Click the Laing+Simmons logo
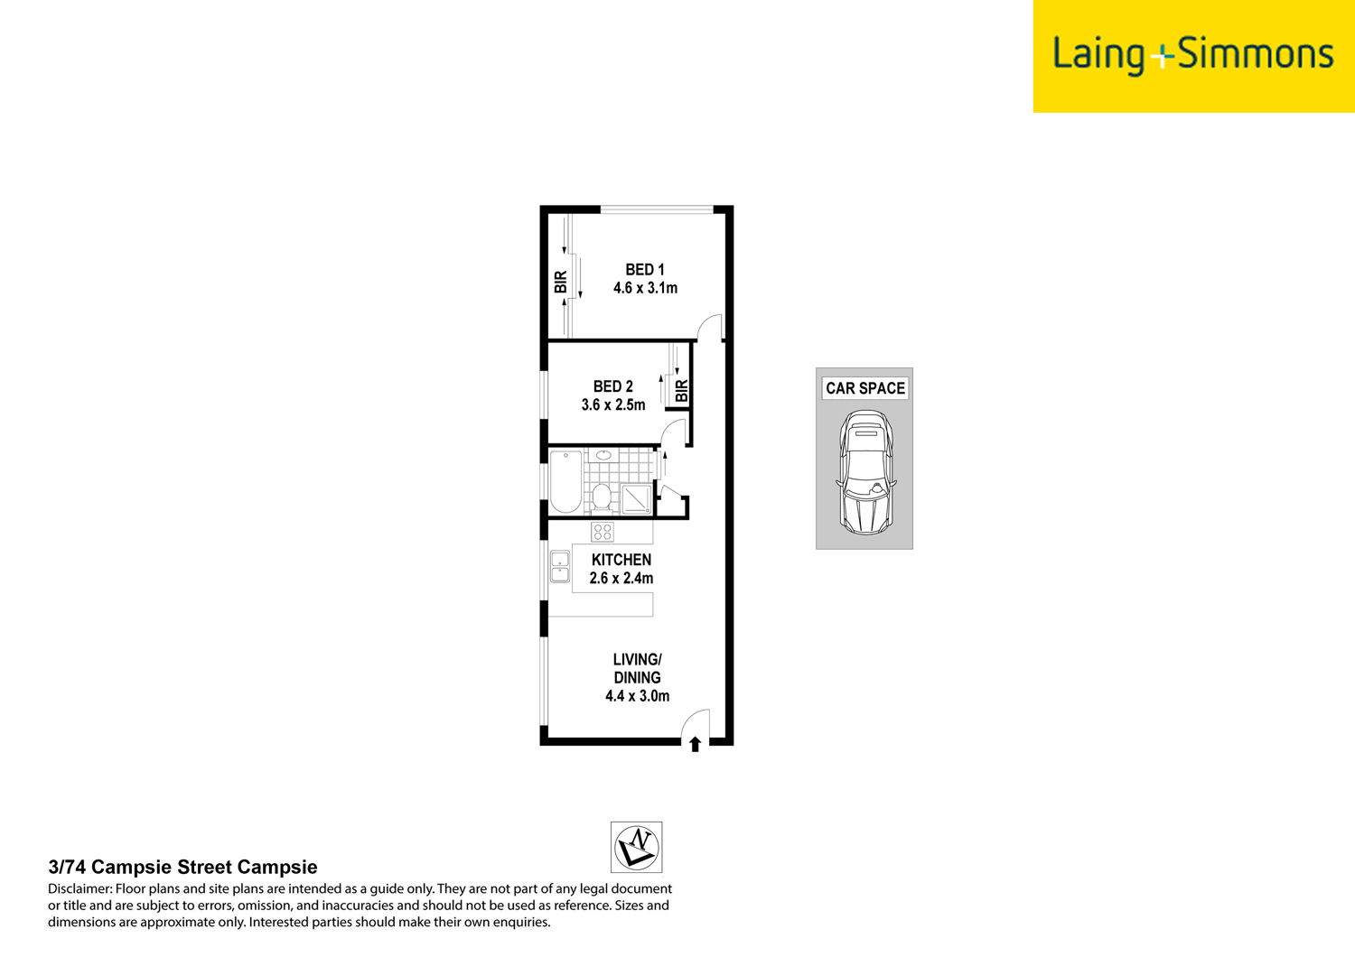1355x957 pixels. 1192,55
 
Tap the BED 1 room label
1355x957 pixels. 645,269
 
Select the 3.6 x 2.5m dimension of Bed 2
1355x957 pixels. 612,405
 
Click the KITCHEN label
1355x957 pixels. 621,560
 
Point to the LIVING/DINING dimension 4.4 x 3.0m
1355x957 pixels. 637,696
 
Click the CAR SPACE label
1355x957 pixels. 864,388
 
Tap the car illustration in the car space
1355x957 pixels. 865,471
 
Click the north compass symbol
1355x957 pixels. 636,847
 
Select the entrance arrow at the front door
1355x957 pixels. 695,744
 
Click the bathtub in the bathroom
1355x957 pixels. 565,480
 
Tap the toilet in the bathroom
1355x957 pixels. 602,497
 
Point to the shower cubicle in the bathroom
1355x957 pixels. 636,498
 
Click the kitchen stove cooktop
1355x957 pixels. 603,532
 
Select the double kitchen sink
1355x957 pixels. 560,566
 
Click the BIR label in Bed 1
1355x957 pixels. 561,282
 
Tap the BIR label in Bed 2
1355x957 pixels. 682,391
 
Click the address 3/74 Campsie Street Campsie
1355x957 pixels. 182,868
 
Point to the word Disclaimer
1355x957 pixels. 79,889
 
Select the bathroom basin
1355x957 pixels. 603,456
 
